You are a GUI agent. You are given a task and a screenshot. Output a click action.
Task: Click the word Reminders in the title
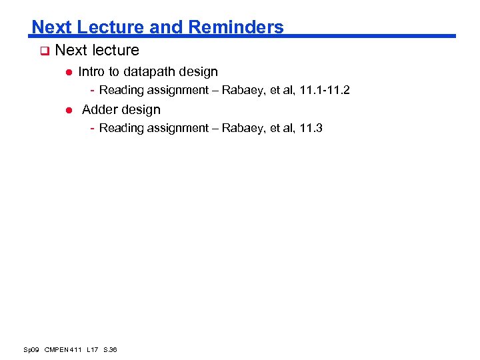(x=236, y=27)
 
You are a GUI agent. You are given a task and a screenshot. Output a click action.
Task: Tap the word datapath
(x=149, y=71)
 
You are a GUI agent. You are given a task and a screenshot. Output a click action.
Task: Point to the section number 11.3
(x=311, y=128)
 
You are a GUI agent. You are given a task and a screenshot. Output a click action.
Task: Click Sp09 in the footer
(x=31, y=350)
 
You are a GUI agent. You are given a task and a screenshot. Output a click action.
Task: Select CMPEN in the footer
(x=59, y=350)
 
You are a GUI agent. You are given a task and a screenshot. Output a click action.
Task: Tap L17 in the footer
(x=92, y=350)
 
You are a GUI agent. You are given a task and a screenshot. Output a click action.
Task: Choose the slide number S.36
(x=111, y=350)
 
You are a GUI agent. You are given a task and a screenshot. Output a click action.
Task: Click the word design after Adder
(x=141, y=109)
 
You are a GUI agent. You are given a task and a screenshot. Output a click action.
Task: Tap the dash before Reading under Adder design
(x=93, y=128)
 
